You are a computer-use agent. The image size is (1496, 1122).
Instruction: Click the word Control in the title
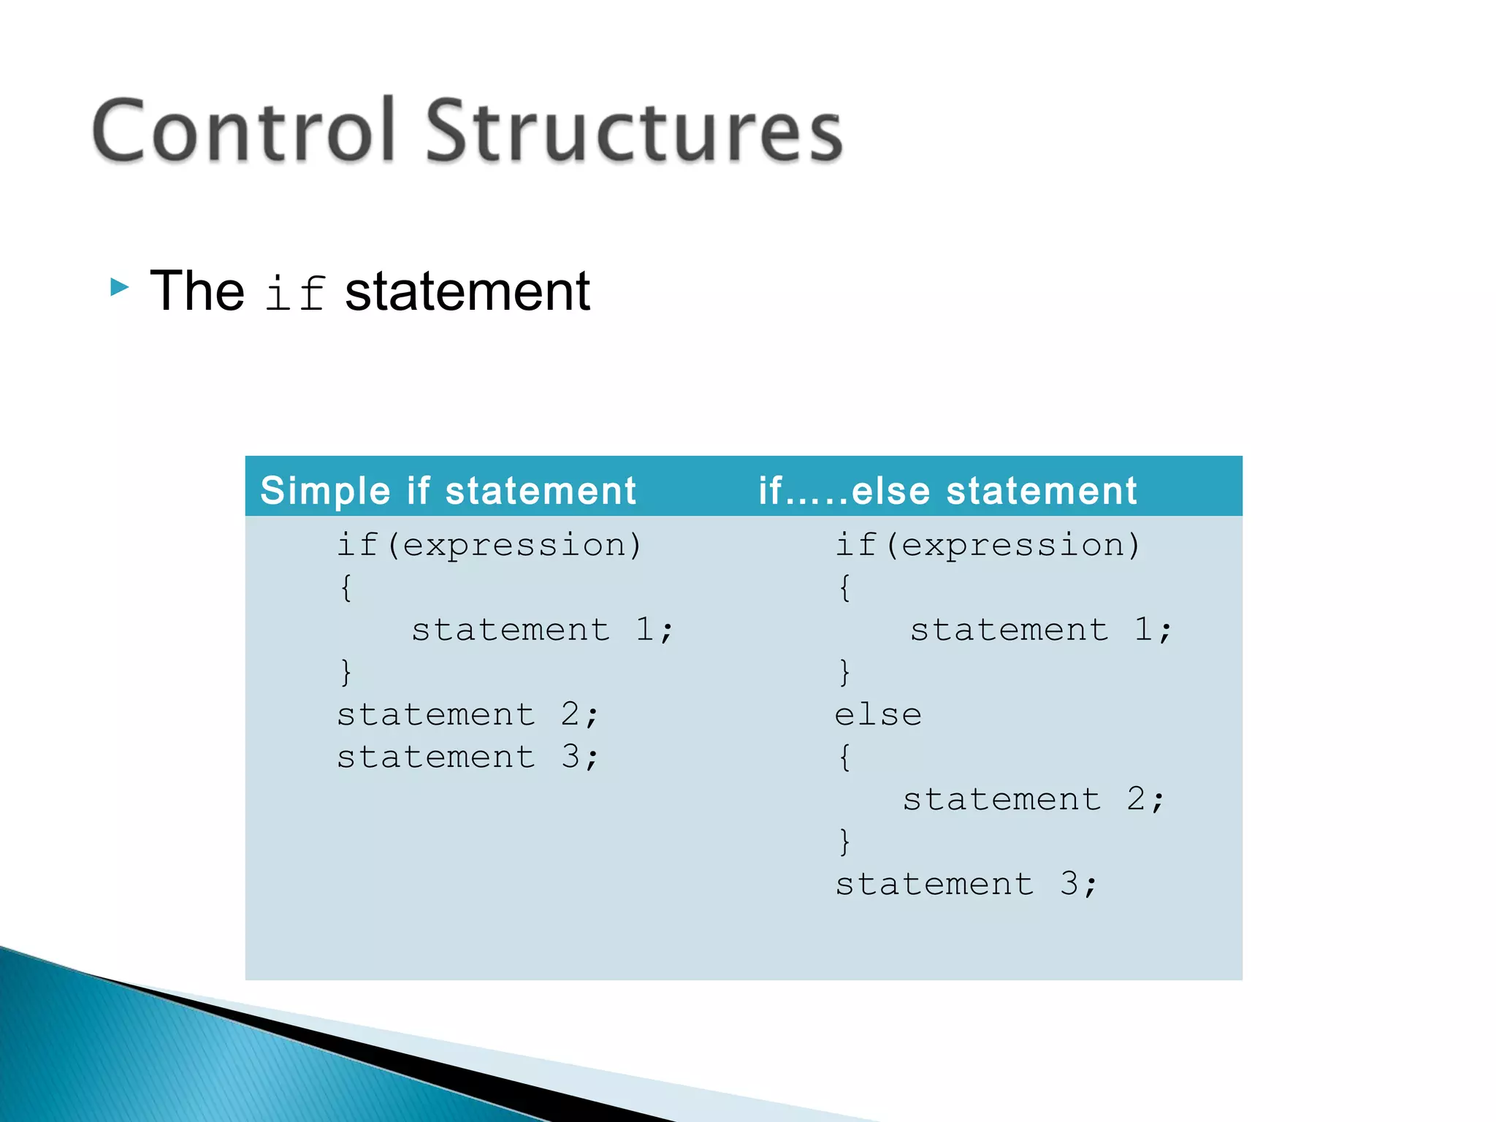[243, 131]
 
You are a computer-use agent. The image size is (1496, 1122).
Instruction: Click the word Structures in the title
[634, 131]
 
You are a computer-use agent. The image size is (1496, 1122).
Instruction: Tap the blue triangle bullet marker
[119, 287]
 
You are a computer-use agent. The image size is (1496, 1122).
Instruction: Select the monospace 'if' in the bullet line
[294, 293]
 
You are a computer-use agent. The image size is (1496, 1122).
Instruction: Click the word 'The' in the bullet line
[196, 291]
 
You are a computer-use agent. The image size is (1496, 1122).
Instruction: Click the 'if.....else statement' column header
[947, 490]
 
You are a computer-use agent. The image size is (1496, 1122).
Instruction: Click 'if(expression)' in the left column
[489, 545]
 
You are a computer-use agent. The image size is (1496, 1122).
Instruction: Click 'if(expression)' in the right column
[988, 545]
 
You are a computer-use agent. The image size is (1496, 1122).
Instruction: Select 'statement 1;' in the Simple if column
[542, 630]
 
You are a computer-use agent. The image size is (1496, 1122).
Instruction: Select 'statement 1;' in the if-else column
[1041, 630]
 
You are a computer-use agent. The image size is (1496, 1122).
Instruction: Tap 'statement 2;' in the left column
[467, 714]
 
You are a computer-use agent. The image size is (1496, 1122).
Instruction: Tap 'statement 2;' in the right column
[1034, 799]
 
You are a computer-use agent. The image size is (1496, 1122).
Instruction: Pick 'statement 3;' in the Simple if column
[467, 757]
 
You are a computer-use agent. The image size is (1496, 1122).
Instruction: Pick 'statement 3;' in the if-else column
[966, 884]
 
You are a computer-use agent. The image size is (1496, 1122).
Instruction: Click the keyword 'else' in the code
[878, 714]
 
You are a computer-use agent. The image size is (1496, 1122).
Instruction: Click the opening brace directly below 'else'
[844, 757]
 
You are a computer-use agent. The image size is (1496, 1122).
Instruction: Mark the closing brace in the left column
[346, 672]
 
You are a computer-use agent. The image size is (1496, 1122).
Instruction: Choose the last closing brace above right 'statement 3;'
[844, 841]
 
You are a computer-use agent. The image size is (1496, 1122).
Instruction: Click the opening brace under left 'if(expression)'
[346, 587]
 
